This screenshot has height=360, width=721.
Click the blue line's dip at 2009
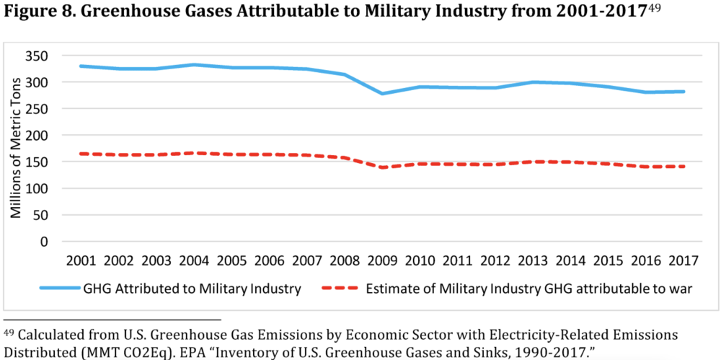point(383,93)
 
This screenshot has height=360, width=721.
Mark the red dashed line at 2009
point(383,167)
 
